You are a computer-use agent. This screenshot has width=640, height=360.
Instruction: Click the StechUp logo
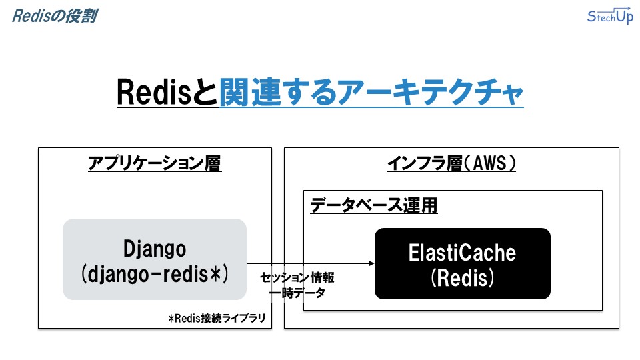pos(610,15)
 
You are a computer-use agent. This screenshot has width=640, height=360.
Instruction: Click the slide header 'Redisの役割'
pos(55,16)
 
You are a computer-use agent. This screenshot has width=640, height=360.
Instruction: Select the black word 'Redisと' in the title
pos(167,92)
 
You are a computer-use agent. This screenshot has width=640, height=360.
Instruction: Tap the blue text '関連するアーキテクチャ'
pos(371,92)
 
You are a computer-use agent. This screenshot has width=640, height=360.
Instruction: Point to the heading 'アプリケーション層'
pos(155,163)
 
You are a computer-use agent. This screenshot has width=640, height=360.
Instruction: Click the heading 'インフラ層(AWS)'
pos(451,163)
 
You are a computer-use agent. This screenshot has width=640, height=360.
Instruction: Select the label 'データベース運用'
pos(373,205)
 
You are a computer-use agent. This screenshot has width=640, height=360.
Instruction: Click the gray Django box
pos(154,259)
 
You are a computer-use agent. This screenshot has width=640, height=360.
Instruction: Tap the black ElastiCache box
pos(463,264)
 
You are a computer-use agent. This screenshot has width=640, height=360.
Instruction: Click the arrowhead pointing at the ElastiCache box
pos(371,263)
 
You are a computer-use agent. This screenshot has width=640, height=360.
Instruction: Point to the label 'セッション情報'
pos(297,277)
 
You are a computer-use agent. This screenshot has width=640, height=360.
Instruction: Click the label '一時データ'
pos(297,293)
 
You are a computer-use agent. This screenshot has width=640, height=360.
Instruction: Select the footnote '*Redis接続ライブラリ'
pos(217,318)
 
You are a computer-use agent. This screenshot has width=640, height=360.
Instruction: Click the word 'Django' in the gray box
pos(155,249)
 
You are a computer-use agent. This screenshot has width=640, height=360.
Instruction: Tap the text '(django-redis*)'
pos(155,273)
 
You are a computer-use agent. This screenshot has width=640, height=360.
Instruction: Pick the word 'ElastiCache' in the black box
pos(462,253)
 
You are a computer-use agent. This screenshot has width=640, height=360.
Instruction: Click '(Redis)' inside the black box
pos(462,277)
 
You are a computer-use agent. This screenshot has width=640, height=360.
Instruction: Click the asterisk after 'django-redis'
pos(215,272)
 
